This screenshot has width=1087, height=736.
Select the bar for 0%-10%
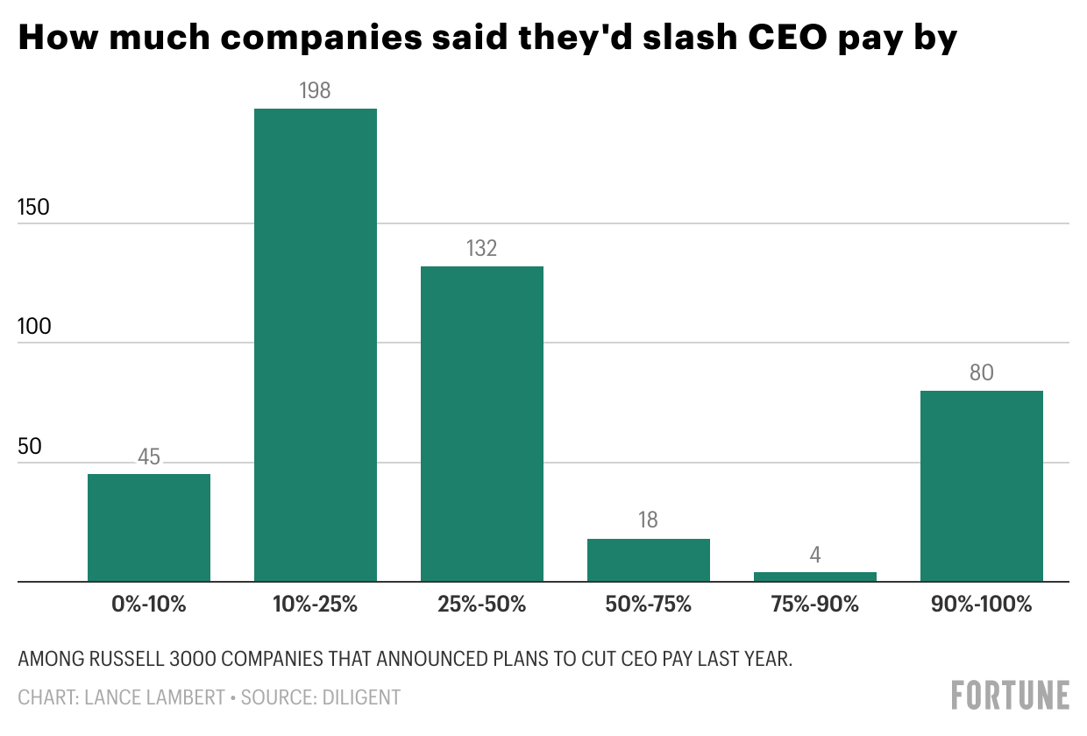tap(149, 527)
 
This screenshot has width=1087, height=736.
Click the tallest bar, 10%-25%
tap(316, 344)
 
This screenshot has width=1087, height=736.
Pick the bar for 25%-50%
tap(482, 423)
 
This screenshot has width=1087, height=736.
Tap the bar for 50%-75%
tap(649, 560)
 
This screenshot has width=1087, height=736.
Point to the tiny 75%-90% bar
tap(815, 577)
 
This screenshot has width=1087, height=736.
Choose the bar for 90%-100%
tap(982, 485)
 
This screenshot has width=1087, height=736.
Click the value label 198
tap(316, 90)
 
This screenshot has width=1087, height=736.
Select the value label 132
tap(482, 248)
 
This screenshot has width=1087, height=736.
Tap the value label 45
tap(149, 456)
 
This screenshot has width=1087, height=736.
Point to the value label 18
tap(649, 520)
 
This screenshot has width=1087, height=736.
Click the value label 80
tap(982, 372)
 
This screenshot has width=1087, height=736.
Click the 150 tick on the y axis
tap(34, 208)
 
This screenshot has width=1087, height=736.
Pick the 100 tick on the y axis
tap(34, 327)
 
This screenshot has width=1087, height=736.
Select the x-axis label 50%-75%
tap(649, 605)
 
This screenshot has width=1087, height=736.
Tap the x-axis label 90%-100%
tap(982, 605)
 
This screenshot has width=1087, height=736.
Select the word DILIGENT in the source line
tap(362, 697)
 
